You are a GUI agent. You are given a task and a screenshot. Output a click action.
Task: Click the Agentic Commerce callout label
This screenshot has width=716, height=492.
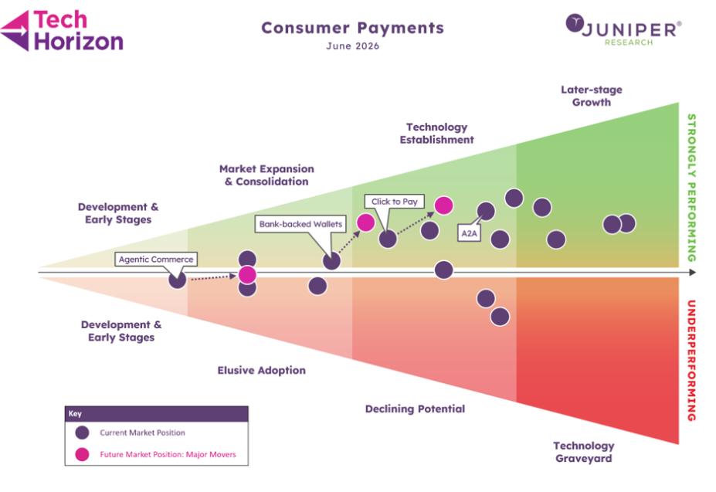click(x=156, y=259)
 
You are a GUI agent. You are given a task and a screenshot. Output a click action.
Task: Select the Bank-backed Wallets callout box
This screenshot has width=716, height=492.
click(x=300, y=224)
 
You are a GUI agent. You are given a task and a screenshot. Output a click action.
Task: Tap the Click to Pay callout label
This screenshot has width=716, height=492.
click(x=395, y=202)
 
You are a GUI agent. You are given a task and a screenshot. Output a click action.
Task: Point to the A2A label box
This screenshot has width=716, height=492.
click(x=469, y=233)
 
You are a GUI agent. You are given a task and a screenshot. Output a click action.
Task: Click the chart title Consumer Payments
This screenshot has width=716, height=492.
click(x=352, y=28)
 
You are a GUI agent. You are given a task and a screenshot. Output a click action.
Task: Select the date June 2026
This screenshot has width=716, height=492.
click(x=352, y=46)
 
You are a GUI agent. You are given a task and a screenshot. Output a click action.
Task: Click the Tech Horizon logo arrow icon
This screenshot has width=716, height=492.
click(x=15, y=31)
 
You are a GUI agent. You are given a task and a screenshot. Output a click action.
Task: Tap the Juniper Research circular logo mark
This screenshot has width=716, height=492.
click(x=575, y=23)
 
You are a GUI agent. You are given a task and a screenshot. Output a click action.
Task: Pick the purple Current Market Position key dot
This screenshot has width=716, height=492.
click(x=82, y=433)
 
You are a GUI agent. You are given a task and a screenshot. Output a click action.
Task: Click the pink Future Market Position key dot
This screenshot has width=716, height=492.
click(x=82, y=455)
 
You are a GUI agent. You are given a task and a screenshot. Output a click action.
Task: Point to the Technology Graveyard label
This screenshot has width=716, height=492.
click(x=584, y=452)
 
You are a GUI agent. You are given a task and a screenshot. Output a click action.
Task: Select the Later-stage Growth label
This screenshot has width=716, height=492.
click(x=592, y=96)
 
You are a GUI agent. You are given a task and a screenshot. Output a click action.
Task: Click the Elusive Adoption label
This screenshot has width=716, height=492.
click(x=262, y=371)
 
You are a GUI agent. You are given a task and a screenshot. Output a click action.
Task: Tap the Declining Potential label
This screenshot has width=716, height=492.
click(x=415, y=409)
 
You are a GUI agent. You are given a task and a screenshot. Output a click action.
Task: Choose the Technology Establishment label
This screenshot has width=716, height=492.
click(x=437, y=134)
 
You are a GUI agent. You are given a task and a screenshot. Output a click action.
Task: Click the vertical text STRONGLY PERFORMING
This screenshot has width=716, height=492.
click(x=692, y=188)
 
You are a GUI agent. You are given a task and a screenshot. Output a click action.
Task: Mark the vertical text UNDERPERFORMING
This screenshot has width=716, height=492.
click(x=692, y=361)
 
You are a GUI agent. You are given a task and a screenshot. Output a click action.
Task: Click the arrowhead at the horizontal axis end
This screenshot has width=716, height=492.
click(x=693, y=273)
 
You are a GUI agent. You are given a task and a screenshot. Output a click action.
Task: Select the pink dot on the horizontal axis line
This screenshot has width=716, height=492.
click(x=247, y=275)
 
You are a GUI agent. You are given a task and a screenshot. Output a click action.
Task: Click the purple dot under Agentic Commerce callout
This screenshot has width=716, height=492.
click(x=177, y=280)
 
